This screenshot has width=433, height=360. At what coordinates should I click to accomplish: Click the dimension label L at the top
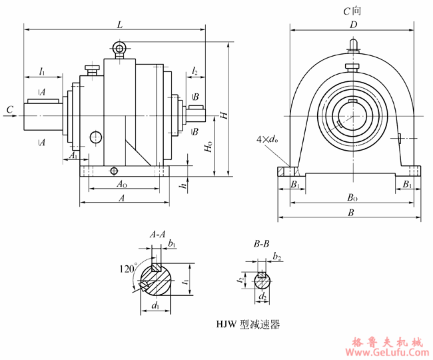click(x=119, y=24)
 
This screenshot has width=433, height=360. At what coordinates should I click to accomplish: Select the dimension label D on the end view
click(x=354, y=25)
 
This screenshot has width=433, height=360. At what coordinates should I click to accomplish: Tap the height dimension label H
click(x=224, y=115)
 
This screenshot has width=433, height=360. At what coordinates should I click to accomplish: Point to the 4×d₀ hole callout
click(x=267, y=140)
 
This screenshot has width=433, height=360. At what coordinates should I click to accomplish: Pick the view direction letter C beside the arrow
click(x=9, y=109)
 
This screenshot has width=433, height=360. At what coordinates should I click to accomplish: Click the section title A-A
click(x=157, y=235)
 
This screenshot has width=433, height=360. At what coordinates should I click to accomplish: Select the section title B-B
click(x=261, y=245)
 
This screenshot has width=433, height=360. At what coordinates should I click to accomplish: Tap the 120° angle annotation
click(x=127, y=269)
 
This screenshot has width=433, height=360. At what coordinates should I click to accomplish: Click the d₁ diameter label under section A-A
click(x=156, y=307)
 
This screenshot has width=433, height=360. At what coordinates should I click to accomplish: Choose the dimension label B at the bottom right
click(x=352, y=212)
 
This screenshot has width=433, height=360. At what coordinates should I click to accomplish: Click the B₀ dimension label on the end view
click(x=352, y=198)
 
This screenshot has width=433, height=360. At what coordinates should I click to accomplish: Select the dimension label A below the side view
click(x=121, y=198)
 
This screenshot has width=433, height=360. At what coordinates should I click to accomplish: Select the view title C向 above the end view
click(x=352, y=11)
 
